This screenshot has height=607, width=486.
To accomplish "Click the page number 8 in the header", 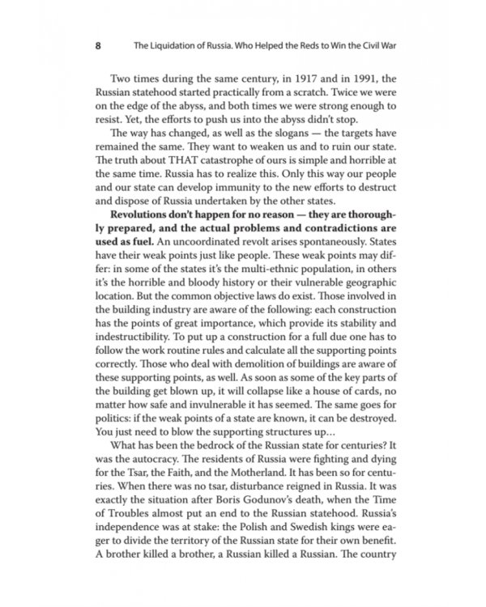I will click(x=98, y=46).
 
